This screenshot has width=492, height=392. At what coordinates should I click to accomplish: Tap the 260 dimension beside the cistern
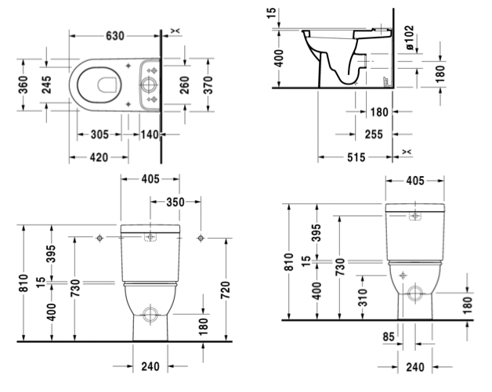pos(185,83)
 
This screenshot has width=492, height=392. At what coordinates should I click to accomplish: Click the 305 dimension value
pos(99,135)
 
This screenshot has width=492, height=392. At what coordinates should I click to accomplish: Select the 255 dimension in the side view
pos(374,135)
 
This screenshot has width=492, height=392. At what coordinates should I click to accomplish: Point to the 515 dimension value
pos(356,157)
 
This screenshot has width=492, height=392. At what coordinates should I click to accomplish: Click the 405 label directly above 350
pos(151,179)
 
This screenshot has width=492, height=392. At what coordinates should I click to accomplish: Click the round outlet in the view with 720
pos(152,318)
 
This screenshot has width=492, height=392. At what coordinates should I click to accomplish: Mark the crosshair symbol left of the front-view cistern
pos(100,236)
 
